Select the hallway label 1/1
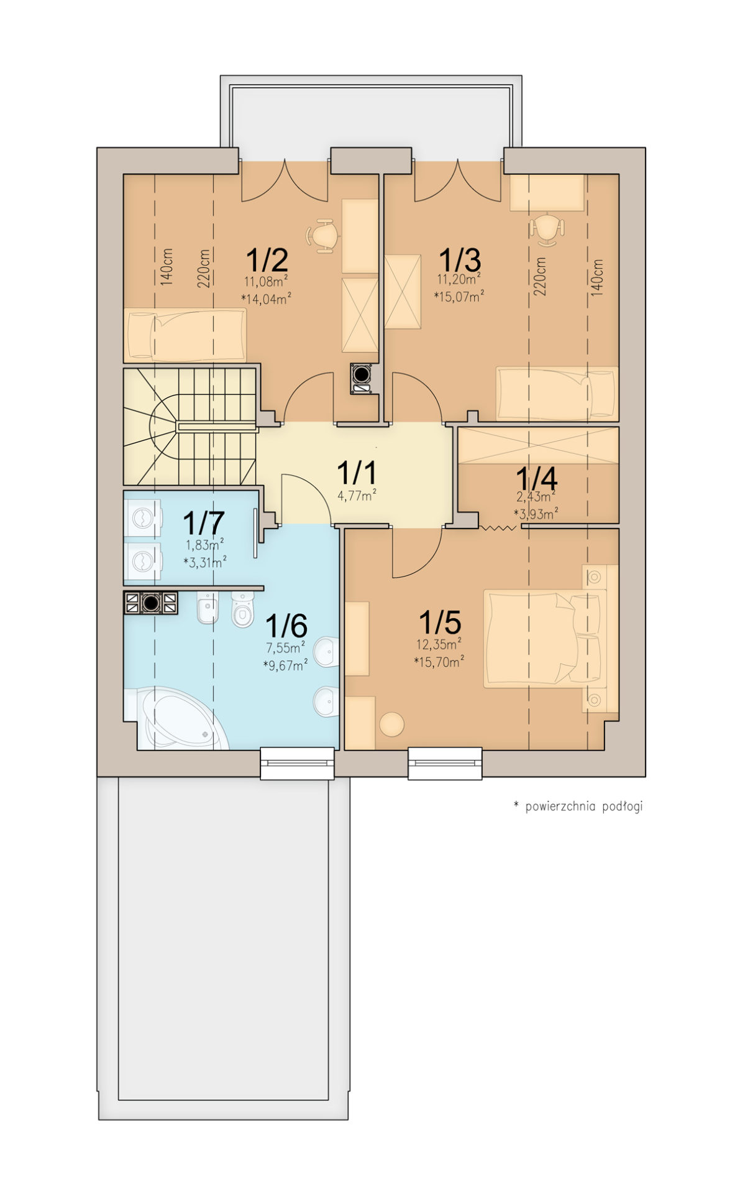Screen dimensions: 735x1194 (356, 473)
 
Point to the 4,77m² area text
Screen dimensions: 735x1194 (357, 496)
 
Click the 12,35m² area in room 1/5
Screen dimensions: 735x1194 (439, 644)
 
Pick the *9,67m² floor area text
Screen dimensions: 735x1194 (285, 665)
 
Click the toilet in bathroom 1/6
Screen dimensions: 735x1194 (242, 609)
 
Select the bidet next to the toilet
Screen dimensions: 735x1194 (208, 608)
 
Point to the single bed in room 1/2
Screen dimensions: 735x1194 (185, 335)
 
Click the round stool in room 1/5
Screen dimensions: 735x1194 (391, 724)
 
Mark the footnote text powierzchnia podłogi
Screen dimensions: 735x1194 (584, 807)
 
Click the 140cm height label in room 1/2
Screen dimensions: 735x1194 (167, 267)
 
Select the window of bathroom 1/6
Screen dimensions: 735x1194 (297, 763)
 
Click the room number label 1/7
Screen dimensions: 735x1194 (204, 523)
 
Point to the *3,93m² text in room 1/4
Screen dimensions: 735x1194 (536, 513)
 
